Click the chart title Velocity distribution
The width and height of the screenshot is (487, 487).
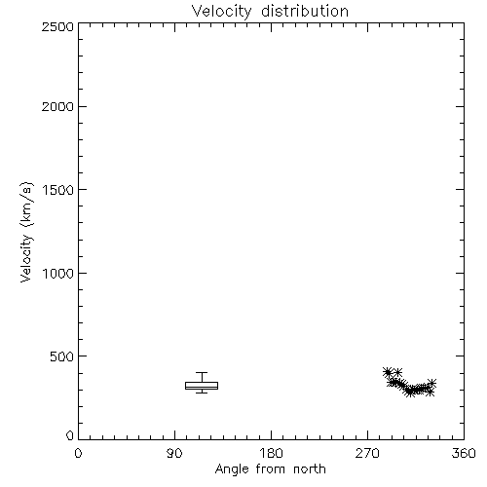click(270, 11)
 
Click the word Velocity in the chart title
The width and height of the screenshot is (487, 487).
click(221, 12)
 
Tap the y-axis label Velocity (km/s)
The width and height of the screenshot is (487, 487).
click(26, 232)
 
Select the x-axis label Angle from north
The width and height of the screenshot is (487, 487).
click(270, 469)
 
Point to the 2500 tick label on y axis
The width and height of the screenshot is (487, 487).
click(57, 27)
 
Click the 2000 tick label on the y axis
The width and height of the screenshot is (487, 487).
click(57, 106)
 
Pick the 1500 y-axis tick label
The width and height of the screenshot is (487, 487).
click(58, 190)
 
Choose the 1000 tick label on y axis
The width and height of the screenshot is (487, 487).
click(58, 274)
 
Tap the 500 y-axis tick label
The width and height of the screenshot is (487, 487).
click(62, 356)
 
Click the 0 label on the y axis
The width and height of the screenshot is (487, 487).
click(70, 435)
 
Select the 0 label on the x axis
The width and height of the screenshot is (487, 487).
click(78, 453)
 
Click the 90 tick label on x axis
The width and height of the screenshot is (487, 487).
click(174, 453)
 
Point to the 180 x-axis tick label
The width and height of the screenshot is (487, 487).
click(271, 453)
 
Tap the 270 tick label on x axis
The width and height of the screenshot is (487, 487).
click(367, 453)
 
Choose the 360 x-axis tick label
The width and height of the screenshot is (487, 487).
click(464, 453)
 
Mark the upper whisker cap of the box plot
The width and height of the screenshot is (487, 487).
click(202, 372)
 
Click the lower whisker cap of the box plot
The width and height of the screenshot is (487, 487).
click(202, 393)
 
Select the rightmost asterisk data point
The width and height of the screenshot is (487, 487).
click(431, 383)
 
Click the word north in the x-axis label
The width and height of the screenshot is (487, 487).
click(310, 469)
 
